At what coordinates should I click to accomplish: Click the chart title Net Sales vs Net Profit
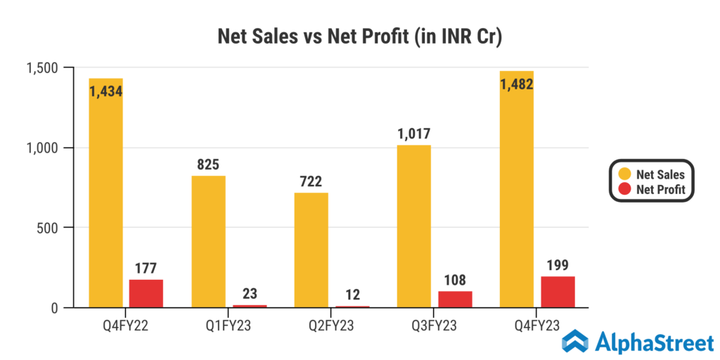[x=359, y=37]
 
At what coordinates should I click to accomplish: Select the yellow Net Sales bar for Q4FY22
[x=105, y=197]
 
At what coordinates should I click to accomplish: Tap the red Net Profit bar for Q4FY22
[x=146, y=293]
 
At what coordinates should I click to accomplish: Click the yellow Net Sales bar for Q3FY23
[x=414, y=226]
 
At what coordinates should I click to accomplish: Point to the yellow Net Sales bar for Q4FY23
[x=517, y=197]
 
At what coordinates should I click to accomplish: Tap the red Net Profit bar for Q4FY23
[x=558, y=292]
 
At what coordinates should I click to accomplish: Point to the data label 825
[x=208, y=165]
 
